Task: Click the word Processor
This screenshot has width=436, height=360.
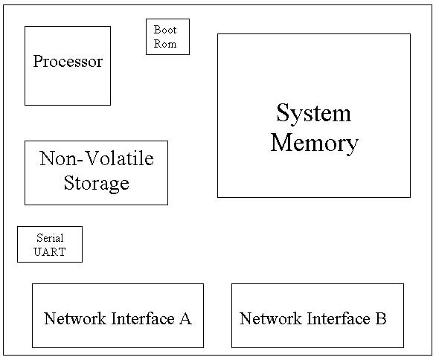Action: (x=68, y=62)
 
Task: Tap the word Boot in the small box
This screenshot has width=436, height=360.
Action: (x=165, y=30)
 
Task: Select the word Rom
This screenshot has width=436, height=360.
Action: (x=165, y=44)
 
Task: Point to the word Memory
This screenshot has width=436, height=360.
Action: (x=315, y=143)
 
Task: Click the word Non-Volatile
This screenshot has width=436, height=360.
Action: (x=97, y=158)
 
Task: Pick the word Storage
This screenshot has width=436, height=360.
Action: (x=97, y=184)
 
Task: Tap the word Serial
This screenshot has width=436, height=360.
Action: (x=50, y=238)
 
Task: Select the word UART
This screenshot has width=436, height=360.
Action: (x=50, y=252)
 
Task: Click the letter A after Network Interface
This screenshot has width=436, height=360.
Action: (x=185, y=318)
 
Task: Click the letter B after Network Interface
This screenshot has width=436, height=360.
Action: (x=381, y=318)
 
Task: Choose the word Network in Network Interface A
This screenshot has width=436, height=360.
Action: (x=75, y=318)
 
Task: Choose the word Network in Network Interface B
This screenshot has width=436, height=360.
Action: (x=271, y=318)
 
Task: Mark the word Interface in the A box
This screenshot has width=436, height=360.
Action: (x=143, y=318)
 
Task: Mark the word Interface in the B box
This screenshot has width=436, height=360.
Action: (x=339, y=318)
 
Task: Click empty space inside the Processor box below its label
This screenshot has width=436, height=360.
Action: (x=68, y=88)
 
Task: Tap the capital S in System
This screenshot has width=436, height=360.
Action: (x=282, y=112)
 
